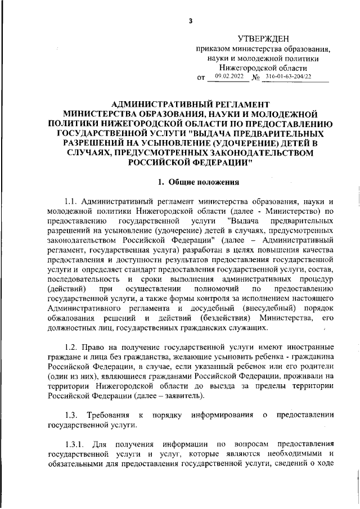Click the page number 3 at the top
[191, 21]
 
